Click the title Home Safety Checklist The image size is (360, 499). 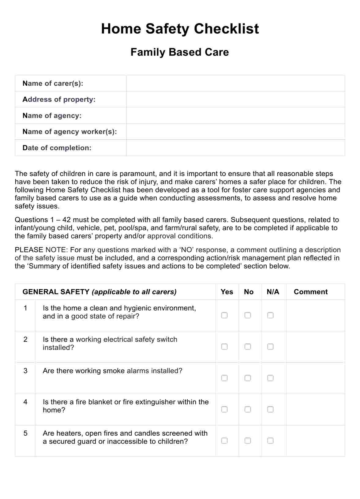point(180,29)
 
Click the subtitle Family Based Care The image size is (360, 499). point(180,52)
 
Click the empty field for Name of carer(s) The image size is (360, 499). point(235,83)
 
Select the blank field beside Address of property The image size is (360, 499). point(235,99)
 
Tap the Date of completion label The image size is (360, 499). point(57,148)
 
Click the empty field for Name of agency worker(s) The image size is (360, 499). point(235,132)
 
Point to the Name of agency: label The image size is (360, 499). point(52,116)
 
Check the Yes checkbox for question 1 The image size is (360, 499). point(224,315)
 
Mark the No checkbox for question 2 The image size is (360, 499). point(248,347)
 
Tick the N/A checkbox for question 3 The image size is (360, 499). point(270,378)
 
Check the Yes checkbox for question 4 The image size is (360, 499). point(224,409)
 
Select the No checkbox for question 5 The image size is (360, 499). point(248,441)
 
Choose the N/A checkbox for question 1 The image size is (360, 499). point(270,315)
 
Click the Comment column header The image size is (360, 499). point(310,292)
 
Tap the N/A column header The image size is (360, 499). point(273,292)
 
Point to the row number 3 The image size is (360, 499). point(25,371)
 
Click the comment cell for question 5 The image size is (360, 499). point(315,441)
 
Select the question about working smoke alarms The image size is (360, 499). point(112,371)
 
